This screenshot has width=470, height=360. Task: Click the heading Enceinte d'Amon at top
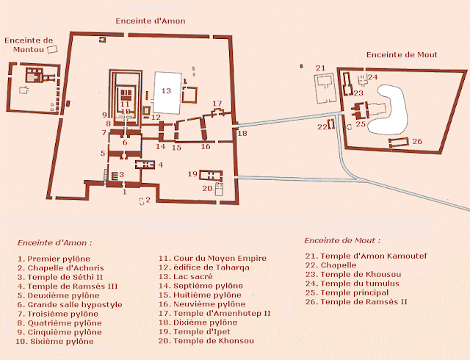point(150,21)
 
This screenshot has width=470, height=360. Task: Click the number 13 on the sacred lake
point(167,90)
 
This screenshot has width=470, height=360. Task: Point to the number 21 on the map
point(320,68)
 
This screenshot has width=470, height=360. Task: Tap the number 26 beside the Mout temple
point(416,141)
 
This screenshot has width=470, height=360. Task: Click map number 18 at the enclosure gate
point(242,133)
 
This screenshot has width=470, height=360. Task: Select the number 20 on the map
point(207,189)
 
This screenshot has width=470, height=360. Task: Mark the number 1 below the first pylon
point(125,192)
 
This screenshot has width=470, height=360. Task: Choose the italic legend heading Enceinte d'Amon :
point(55,242)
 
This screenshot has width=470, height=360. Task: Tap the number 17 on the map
point(217,104)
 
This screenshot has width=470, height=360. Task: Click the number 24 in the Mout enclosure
point(373,76)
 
